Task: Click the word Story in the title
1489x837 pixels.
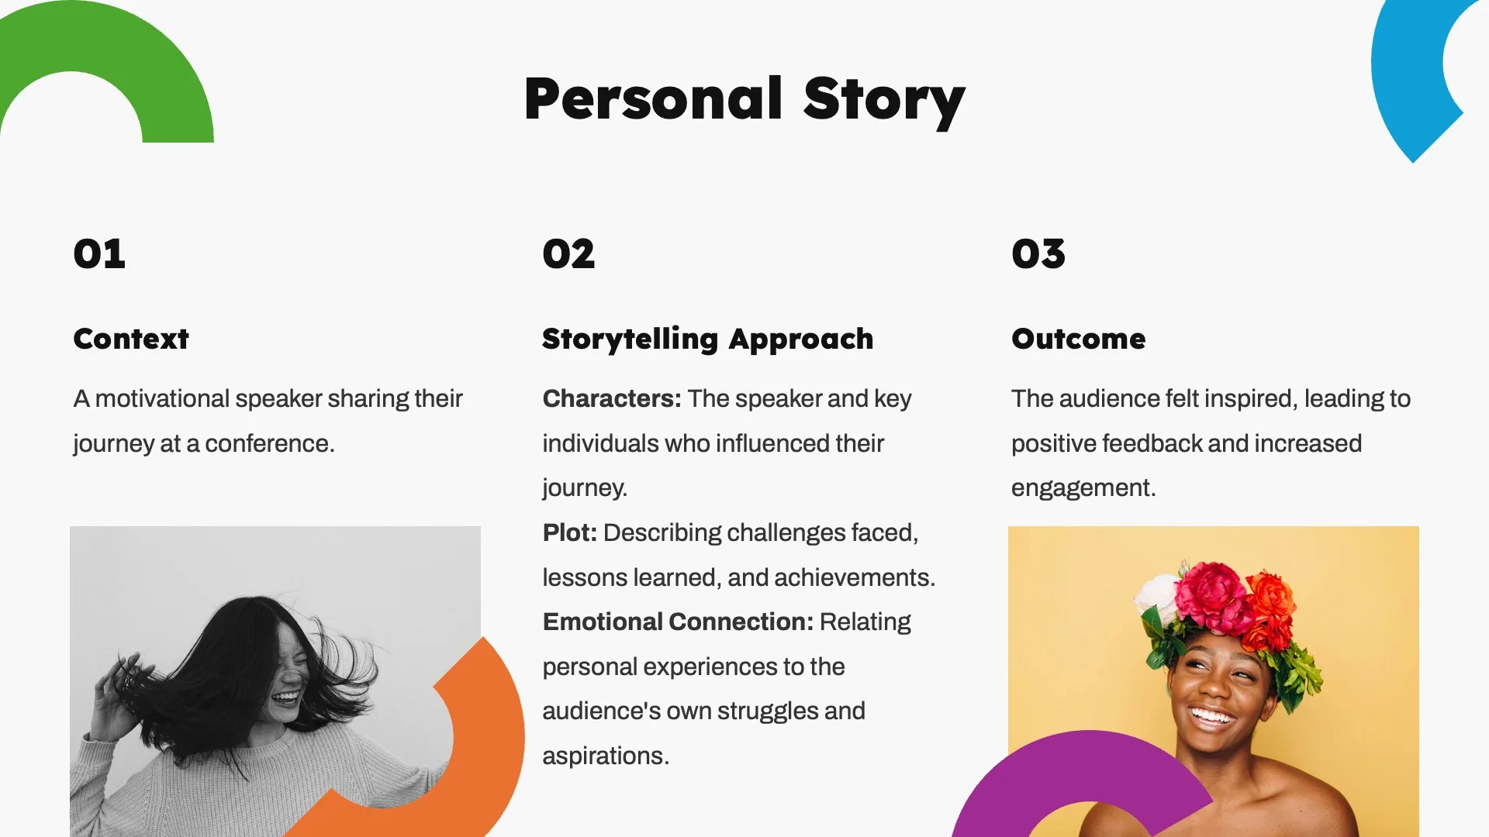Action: click(x=884, y=99)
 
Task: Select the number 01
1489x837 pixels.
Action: click(x=99, y=254)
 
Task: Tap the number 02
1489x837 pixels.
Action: click(x=568, y=254)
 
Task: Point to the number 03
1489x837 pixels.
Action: click(x=1038, y=254)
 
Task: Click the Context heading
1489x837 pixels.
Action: click(x=131, y=339)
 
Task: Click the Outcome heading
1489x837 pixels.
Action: click(x=1078, y=339)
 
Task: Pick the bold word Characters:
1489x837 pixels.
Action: click(x=611, y=398)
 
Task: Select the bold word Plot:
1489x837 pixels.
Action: click(x=569, y=532)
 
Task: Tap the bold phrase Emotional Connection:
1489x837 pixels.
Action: click(x=677, y=622)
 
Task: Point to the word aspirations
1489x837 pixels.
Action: click(x=605, y=756)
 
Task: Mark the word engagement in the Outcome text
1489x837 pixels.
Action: click(x=1083, y=487)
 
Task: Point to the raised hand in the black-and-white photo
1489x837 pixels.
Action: click(x=116, y=690)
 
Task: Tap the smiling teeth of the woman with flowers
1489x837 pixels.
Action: click(x=1211, y=715)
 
